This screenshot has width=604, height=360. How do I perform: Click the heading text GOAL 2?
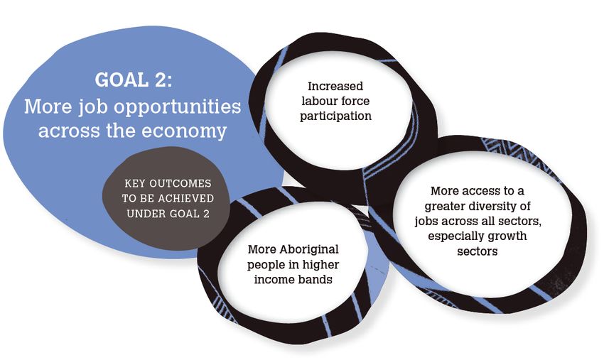coord(134,80)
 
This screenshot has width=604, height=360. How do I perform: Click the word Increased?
coord(335,86)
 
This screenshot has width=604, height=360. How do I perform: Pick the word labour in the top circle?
coord(318,101)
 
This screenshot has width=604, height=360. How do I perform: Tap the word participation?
coord(335,116)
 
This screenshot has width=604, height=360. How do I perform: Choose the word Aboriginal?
coord(309,249)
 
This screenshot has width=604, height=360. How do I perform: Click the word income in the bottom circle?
coord(272,280)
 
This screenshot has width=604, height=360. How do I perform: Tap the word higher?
coord(320,265)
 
